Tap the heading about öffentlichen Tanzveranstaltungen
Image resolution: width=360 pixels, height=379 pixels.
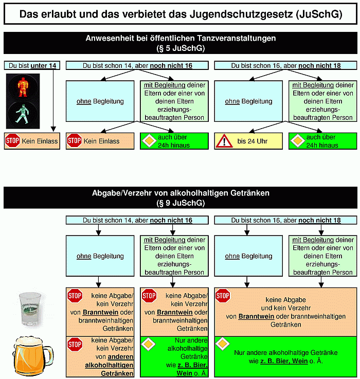(x=181, y=39)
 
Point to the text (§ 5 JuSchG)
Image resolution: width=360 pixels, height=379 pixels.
(x=181, y=48)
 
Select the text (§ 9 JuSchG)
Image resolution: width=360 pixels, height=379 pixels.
(x=181, y=203)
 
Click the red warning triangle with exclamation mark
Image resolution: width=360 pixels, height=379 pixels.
(x=224, y=140)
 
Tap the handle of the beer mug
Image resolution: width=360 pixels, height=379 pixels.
(x=48, y=356)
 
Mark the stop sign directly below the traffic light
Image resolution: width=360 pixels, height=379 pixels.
(x=12, y=140)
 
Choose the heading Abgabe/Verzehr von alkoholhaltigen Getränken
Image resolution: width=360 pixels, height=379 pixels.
(x=181, y=193)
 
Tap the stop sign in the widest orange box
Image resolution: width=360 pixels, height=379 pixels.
(x=223, y=296)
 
